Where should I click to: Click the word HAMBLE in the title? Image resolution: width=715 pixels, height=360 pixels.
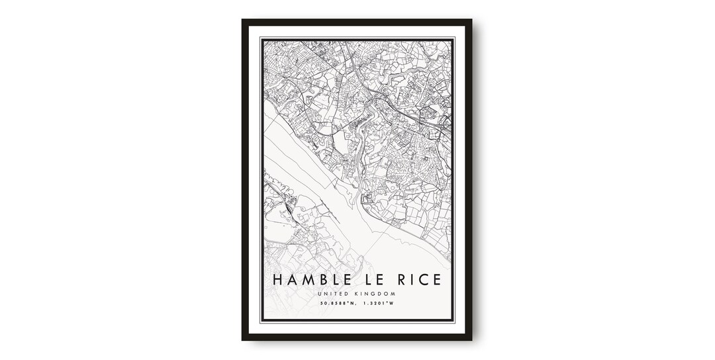click(x=310, y=280)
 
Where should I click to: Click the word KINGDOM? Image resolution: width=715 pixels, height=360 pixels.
click(x=377, y=294)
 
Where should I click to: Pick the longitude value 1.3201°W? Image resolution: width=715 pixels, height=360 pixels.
click(x=380, y=304)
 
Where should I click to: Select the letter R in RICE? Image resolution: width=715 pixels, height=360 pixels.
click(x=402, y=280)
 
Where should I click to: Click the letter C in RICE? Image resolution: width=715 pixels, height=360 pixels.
click(x=426, y=280)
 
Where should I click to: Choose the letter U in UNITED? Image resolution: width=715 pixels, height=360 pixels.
click(x=320, y=294)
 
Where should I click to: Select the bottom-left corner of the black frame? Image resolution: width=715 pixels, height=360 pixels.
click(x=243, y=339)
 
